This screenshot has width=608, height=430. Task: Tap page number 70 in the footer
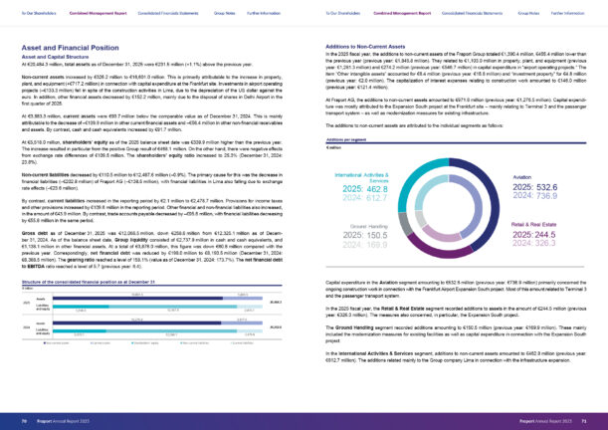click(23, 421)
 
